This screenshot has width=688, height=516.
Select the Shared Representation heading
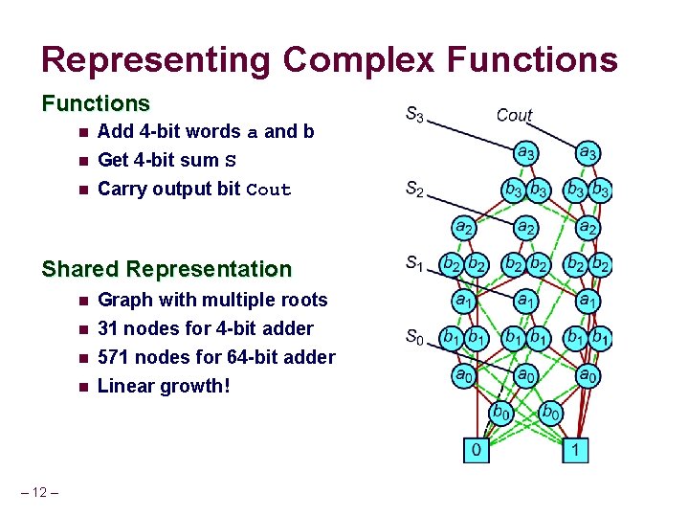(166, 269)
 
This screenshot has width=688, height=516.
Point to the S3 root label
(414, 115)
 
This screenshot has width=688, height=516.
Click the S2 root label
(414, 190)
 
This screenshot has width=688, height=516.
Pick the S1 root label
(414, 263)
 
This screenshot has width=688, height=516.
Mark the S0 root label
(413, 336)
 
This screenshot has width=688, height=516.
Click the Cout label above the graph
(514, 115)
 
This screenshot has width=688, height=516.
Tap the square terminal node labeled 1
(574, 449)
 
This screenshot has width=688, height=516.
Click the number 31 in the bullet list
(109, 328)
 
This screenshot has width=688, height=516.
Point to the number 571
(115, 357)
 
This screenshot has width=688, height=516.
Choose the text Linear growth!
(164, 386)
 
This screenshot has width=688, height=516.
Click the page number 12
(39, 492)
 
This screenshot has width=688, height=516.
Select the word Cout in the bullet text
(268, 190)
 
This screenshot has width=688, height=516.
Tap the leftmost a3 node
(525, 151)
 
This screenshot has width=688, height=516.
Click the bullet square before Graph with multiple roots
(83, 301)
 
